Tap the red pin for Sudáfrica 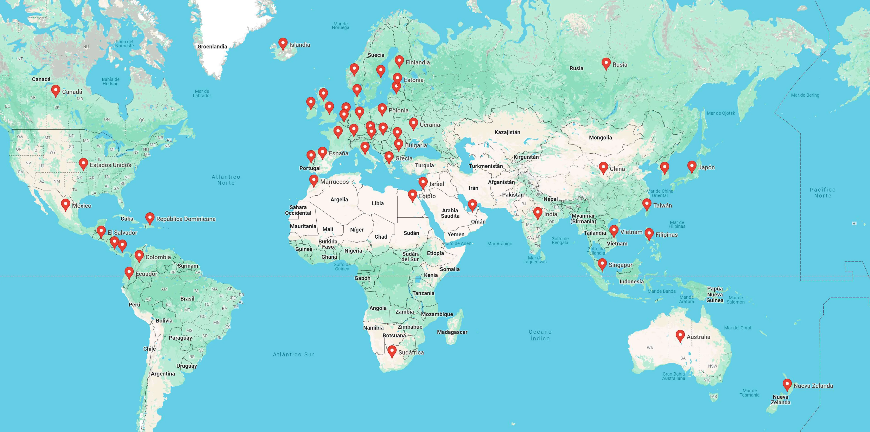tap(392, 351)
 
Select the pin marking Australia tap(680, 335)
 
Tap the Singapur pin tap(602, 264)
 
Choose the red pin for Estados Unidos tap(83, 164)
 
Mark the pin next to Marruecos tap(314, 180)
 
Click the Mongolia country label tap(600, 137)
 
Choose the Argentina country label tap(163, 374)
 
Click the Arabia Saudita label tap(450, 213)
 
